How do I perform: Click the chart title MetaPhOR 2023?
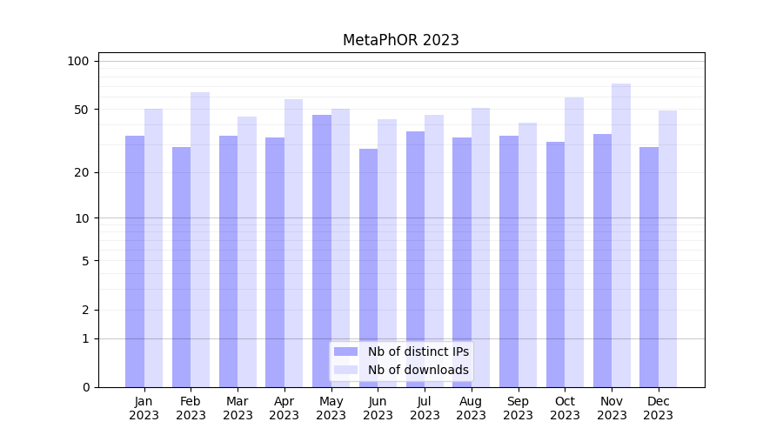pos(400,40)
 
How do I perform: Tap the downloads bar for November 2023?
pos(621,235)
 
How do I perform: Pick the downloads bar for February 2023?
pos(200,239)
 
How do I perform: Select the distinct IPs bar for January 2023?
pos(135,261)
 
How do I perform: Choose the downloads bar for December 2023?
pos(667,249)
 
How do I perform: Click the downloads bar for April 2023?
pos(293,243)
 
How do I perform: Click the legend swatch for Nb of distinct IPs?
pos(346,351)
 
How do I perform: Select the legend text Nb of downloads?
pos(418,370)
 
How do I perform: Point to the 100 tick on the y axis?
pos(78,61)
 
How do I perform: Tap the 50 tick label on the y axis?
pos(82,110)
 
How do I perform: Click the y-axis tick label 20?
pos(82,172)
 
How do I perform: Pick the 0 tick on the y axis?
pos(85,387)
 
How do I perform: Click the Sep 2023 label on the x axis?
pos(518,408)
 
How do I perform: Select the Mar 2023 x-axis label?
pos(238,408)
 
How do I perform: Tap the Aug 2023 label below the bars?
pos(472,408)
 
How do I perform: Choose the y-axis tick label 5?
pos(85,260)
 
